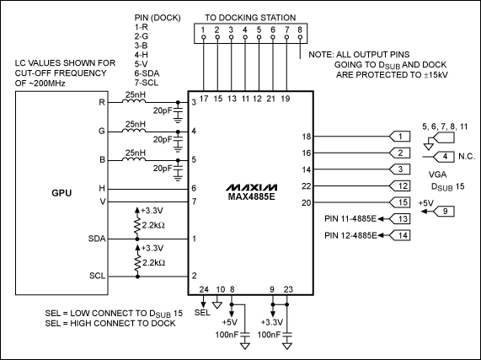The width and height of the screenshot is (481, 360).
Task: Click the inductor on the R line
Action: tap(132, 103)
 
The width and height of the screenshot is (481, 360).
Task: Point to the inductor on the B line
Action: tap(132, 159)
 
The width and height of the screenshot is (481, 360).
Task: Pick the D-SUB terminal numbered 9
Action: tap(439, 212)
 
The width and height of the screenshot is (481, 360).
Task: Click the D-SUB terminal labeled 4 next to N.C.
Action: tap(444, 156)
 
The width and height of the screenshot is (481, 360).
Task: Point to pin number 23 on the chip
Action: tap(289, 289)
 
